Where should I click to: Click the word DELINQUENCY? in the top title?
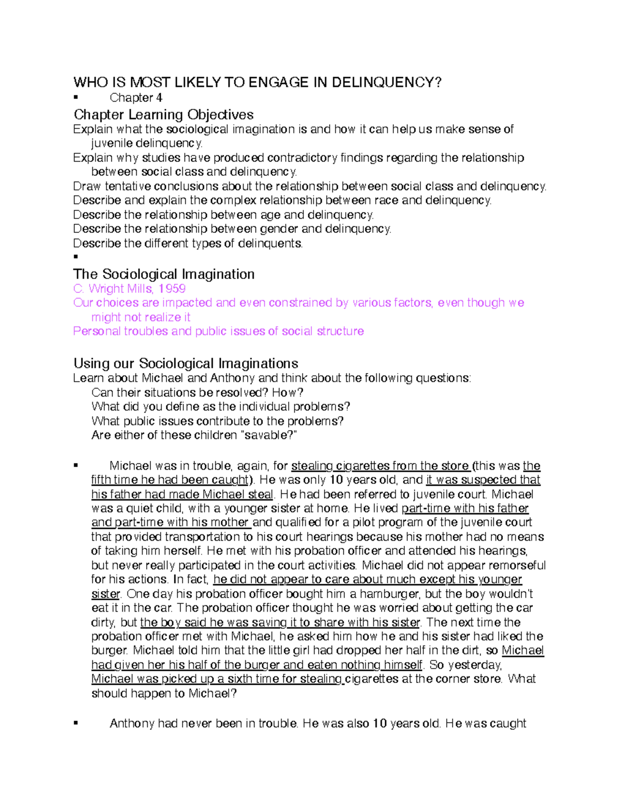coord(386,82)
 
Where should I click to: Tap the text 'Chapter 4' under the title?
coord(136,97)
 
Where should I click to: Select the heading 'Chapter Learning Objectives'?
coord(163,115)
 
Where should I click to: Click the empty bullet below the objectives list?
coord(76,257)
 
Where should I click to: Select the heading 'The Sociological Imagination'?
coord(163,274)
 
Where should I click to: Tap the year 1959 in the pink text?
coord(172,289)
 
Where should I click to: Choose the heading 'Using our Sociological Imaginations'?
coord(186,363)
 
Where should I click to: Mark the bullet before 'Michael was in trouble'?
coord(76,465)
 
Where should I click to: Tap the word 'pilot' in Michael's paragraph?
coord(353,522)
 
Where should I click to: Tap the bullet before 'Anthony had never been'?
coord(76,723)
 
